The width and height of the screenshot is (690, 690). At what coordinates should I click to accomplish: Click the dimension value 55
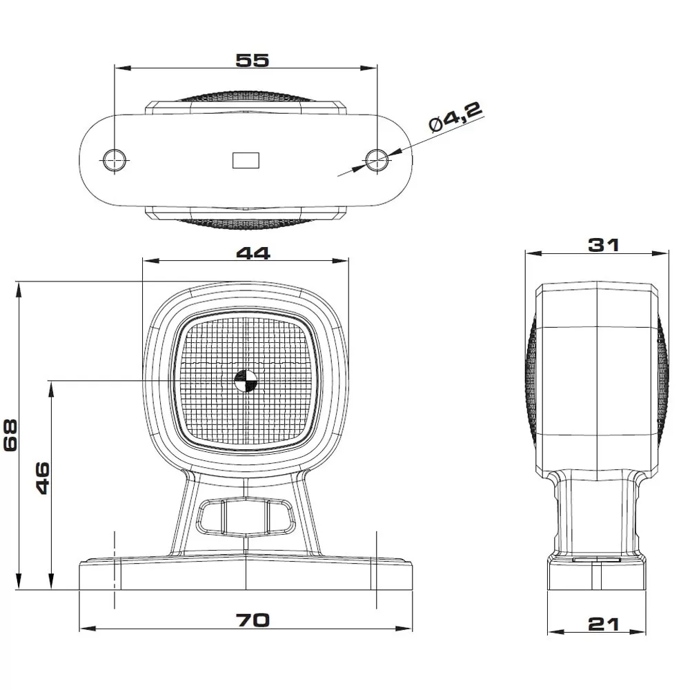click(252, 60)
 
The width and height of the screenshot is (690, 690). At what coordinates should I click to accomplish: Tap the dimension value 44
click(253, 253)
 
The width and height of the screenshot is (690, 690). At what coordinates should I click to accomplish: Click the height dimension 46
click(42, 477)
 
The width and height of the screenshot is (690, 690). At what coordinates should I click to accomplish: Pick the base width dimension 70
click(253, 620)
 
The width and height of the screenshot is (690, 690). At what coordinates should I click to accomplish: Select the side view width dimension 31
click(603, 244)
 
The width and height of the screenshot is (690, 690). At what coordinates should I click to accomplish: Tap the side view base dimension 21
click(604, 624)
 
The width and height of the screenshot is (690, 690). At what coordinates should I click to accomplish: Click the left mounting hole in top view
click(115, 159)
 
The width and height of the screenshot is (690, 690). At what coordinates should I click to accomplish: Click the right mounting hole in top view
click(377, 159)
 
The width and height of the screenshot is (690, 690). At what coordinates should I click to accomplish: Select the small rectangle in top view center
click(246, 159)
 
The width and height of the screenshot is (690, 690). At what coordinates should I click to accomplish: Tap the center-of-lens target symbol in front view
click(245, 380)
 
